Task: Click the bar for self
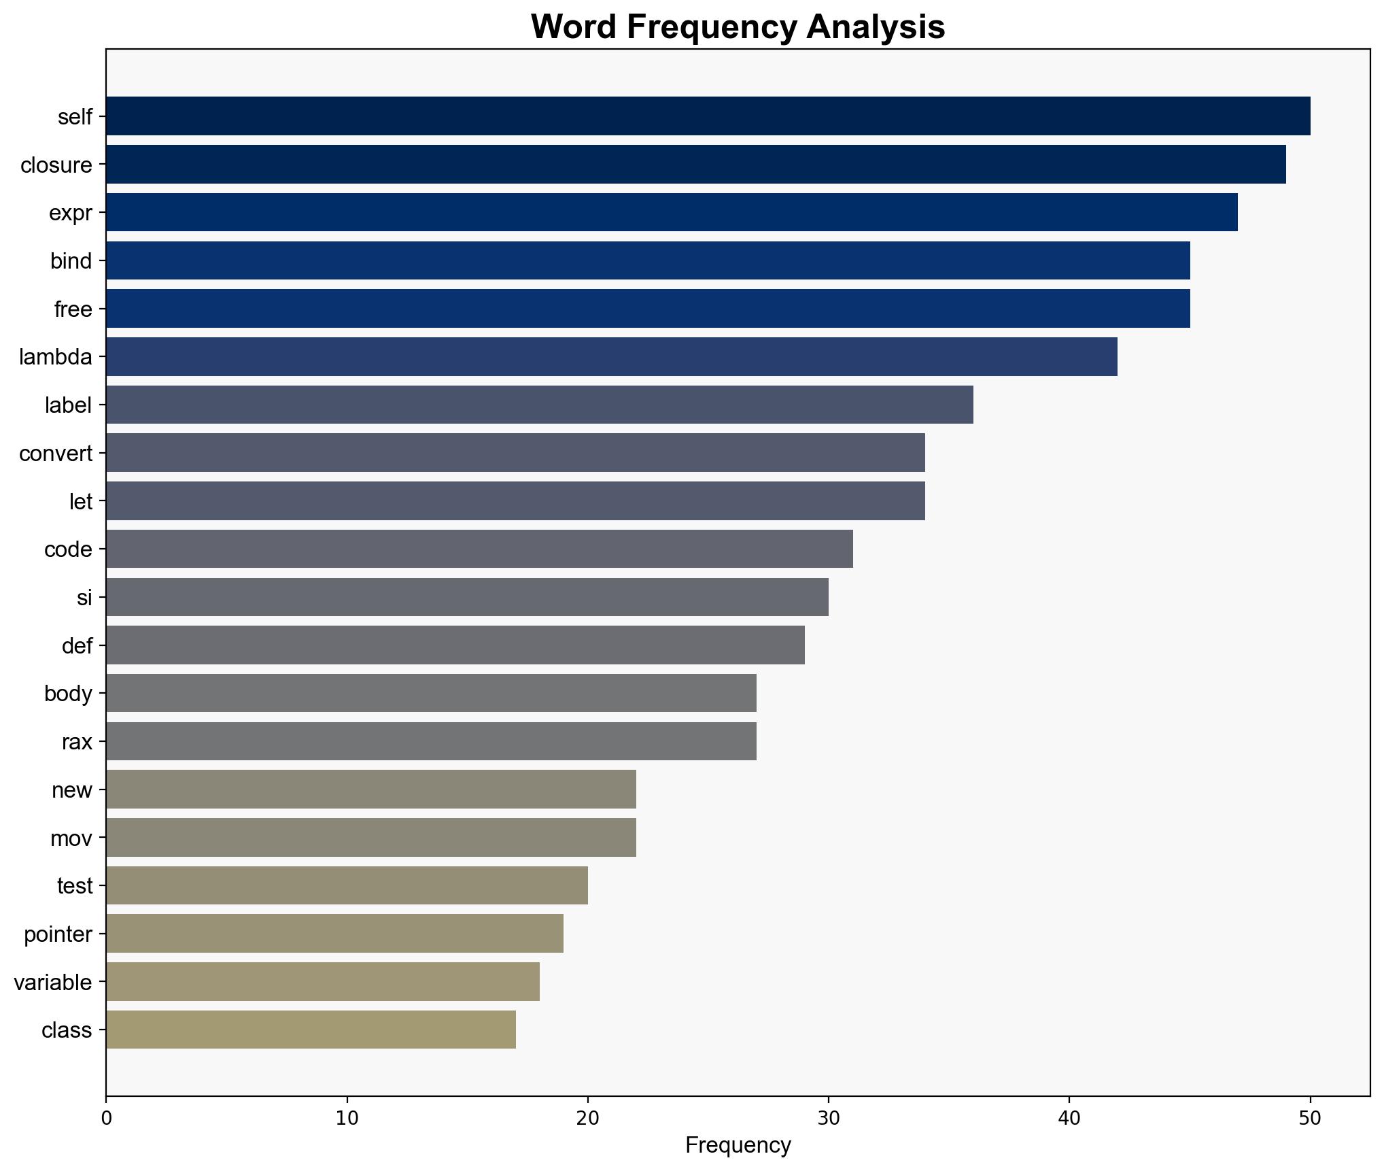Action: [x=708, y=116]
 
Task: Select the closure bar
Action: [x=695, y=165]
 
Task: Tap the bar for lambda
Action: [x=611, y=356]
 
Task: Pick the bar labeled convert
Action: [x=515, y=453]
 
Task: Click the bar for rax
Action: [x=431, y=741]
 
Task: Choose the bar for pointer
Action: [x=334, y=934]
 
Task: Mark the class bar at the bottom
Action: [x=311, y=1030]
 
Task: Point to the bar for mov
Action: [x=370, y=838]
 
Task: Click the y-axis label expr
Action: [x=70, y=213]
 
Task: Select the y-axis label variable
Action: [x=53, y=982]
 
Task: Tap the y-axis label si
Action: [x=84, y=598]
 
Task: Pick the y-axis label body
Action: [x=68, y=694]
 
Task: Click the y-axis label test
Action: [x=75, y=886]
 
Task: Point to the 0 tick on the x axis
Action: [x=106, y=1119]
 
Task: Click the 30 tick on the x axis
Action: [x=828, y=1119]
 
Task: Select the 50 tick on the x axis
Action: [x=1309, y=1119]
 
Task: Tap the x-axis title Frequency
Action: [x=738, y=1146]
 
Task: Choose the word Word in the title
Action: [x=574, y=27]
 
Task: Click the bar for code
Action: [x=479, y=549]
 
